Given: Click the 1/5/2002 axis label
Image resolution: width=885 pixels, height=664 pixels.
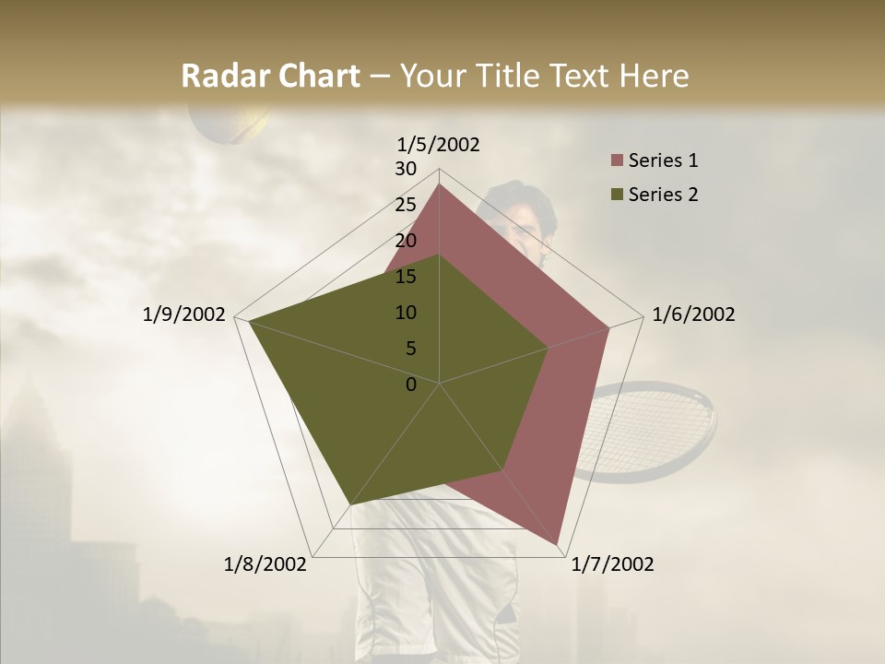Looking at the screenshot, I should pos(439,145).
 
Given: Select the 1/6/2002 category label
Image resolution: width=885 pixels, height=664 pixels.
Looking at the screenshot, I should pos(693,314).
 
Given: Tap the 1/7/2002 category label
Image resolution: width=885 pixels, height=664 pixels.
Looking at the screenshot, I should pos(612,564).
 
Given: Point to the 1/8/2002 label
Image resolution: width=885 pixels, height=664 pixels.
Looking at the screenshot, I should pos(265,564).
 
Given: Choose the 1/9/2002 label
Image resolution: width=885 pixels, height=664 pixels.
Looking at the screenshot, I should pos(184,314).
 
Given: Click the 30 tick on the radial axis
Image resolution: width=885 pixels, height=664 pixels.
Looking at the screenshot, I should pos(406,169).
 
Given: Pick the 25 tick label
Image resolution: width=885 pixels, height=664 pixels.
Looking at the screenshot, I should pos(406,205).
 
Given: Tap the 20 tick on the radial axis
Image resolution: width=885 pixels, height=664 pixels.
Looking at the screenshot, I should pos(406,241).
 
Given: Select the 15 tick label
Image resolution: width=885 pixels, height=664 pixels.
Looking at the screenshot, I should pos(406,277).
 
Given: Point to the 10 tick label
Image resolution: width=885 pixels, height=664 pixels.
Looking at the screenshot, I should pos(406,313).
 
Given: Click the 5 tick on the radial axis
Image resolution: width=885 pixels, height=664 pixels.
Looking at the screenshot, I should pos(410,349).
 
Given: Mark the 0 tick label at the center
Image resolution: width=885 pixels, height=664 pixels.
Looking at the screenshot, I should pos(411,385).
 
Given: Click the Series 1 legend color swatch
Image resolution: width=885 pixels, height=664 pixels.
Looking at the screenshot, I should pos(617,161).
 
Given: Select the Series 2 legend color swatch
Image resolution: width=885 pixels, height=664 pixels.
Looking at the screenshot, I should pos(617,195).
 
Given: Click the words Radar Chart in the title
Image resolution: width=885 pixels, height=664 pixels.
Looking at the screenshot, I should pos(270,77).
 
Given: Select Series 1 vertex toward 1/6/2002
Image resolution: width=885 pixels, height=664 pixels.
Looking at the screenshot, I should pos(609,327).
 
